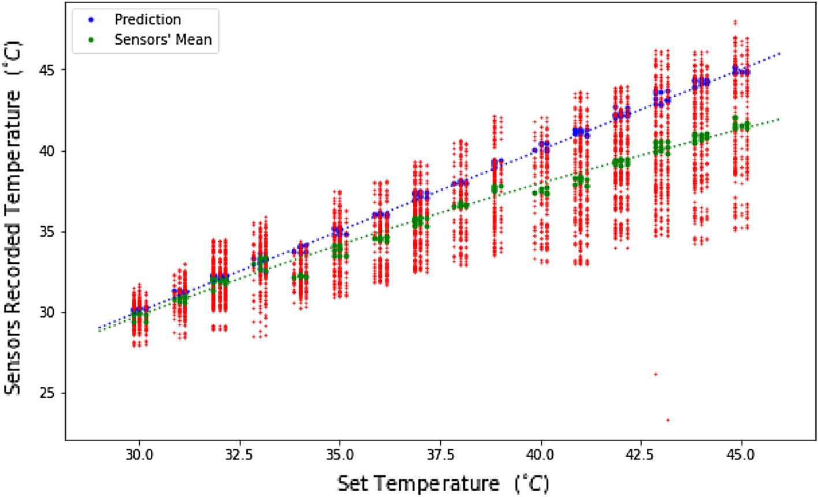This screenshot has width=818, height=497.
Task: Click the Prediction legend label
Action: pyautogui.click(x=148, y=20)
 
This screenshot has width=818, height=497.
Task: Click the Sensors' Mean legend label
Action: pyautogui.click(x=163, y=40)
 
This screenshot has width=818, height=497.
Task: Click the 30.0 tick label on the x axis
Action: pyautogui.click(x=139, y=455)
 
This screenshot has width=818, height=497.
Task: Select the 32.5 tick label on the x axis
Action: pyautogui.click(x=239, y=455)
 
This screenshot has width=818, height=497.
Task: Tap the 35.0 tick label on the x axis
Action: pyautogui.click(x=340, y=455)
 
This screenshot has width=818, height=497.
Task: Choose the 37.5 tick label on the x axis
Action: pyautogui.click(x=440, y=455)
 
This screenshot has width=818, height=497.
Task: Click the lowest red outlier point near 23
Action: pyautogui.click(x=668, y=420)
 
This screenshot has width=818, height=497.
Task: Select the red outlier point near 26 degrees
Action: pyautogui.click(x=656, y=374)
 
